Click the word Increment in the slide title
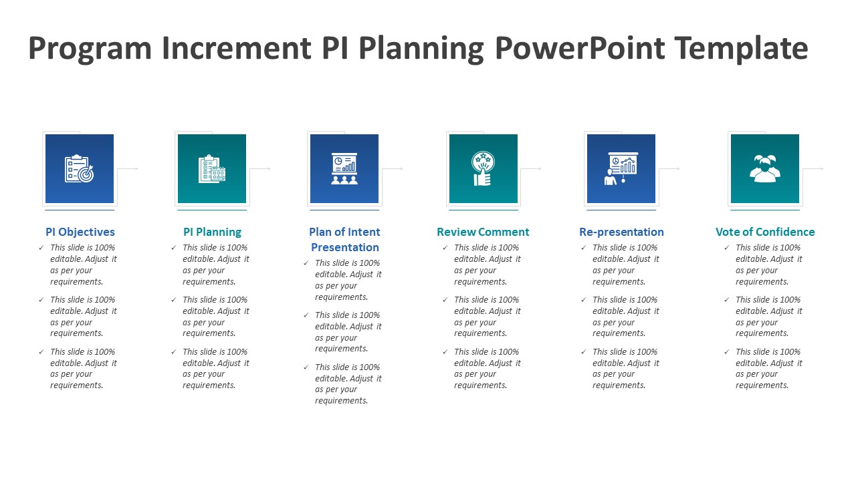point(237,48)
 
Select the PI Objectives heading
point(80,232)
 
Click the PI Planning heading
point(213,232)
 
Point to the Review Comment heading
point(483,232)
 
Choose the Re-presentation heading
point(621,232)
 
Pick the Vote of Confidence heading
point(765,232)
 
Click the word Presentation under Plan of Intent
point(344,247)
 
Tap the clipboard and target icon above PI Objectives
point(79,168)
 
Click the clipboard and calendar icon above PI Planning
point(212,168)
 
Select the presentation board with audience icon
point(344,169)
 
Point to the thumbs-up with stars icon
point(483,168)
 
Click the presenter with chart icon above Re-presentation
point(621,169)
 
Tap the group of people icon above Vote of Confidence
point(764,168)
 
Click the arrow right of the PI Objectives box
point(128,168)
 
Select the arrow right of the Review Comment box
point(531,168)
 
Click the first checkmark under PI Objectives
point(41,248)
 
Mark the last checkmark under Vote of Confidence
point(727,351)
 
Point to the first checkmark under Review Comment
point(445,248)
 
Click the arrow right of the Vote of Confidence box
point(813,168)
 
